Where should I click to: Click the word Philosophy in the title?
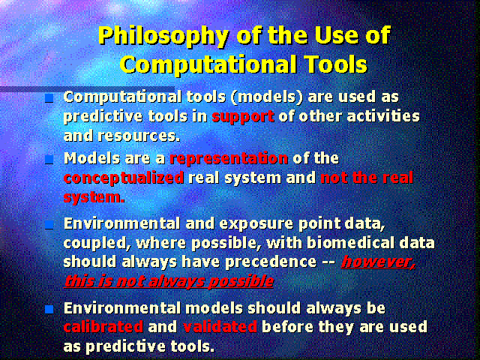[x=163, y=37]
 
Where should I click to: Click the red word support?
[x=243, y=117]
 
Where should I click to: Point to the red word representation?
[x=229, y=158]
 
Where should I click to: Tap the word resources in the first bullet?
[x=139, y=135]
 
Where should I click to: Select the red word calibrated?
[x=103, y=327]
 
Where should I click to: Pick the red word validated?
[x=220, y=327]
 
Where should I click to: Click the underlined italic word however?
[x=378, y=262]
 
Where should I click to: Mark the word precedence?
[x=271, y=262]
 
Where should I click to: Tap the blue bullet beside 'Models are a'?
[x=49, y=160]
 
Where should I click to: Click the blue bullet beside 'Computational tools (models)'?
[x=49, y=98]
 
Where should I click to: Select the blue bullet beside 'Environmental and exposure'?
[x=49, y=225]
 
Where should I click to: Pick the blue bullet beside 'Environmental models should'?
[x=49, y=309]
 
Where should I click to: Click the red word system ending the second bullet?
[x=94, y=197]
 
